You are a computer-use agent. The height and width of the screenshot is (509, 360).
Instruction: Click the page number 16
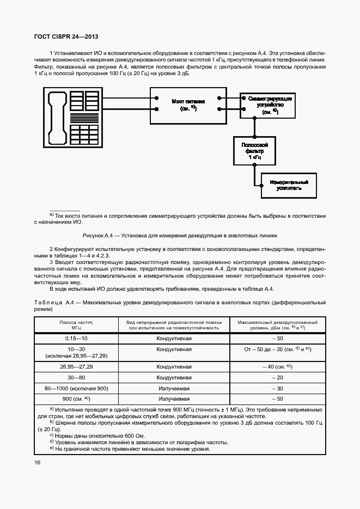[37, 463]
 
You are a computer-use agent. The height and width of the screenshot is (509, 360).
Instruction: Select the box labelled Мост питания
[188, 105]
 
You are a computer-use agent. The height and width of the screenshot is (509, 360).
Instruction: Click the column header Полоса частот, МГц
[76, 325]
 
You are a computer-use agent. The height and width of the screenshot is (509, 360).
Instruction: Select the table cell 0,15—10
[76, 338]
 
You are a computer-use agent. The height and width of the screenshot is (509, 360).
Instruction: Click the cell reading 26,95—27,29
[76, 367]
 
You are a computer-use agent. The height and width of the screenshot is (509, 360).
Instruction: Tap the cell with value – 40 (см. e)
[278, 367]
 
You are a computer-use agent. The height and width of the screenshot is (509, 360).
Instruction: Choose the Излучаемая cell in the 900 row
[174, 399]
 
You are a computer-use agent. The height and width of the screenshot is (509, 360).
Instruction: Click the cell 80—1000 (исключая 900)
[76, 388]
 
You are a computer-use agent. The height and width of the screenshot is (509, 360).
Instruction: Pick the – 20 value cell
[278, 377]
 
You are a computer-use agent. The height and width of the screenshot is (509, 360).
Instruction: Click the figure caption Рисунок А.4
[180, 236]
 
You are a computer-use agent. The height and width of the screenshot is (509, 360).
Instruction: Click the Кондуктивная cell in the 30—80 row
[174, 377]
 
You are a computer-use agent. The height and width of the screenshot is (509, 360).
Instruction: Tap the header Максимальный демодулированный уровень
[278, 325]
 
